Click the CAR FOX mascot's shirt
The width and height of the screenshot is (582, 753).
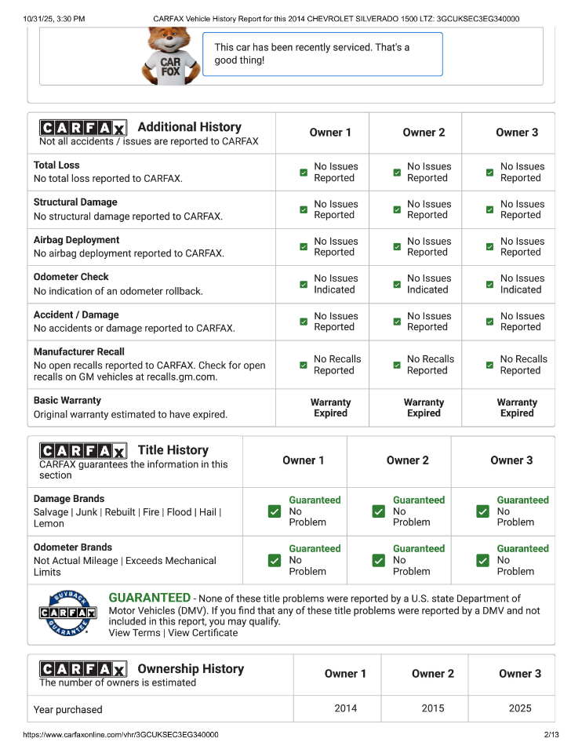[170, 67]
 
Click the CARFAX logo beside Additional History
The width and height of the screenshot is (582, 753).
[82, 128]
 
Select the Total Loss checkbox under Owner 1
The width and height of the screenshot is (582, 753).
[304, 173]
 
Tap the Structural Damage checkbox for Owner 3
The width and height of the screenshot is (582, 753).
[489, 209]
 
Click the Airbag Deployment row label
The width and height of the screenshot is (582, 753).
[77, 240]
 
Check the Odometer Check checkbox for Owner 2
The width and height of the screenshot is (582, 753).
[397, 284]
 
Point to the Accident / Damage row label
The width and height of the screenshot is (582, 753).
[76, 315]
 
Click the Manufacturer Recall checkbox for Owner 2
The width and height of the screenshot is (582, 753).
[397, 365]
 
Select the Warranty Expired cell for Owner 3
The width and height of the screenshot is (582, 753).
[517, 408]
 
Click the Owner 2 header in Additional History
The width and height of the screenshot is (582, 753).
[424, 133]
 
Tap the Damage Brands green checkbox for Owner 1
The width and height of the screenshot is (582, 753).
[275, 511]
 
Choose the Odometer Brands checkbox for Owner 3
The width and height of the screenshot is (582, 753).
[482, 560]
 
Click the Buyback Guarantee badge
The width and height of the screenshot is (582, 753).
[68, 613]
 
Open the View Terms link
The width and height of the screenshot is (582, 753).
[134, 633]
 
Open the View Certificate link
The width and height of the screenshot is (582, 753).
[202, 633]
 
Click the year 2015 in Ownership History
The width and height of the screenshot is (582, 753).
[433, 708]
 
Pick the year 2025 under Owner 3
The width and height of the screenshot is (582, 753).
[520, 708]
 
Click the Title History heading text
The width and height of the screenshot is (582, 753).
[173, 450]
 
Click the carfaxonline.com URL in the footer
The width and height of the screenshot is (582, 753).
[121, 735]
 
